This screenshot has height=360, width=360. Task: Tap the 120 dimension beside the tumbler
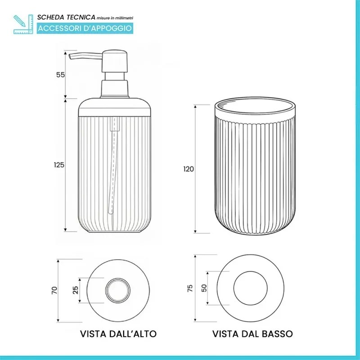(188, 169)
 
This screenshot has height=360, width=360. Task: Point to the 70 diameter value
(54, 290)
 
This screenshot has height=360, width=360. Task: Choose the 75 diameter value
(189, 288)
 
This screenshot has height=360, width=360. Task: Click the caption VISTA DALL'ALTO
(118, 334)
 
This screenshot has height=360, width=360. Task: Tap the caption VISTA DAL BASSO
(252, 334)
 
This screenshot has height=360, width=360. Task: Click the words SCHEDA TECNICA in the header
(66, 17)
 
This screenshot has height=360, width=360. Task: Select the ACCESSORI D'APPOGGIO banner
(85, 28)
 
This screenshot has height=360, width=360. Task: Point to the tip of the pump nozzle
(71, 55)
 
